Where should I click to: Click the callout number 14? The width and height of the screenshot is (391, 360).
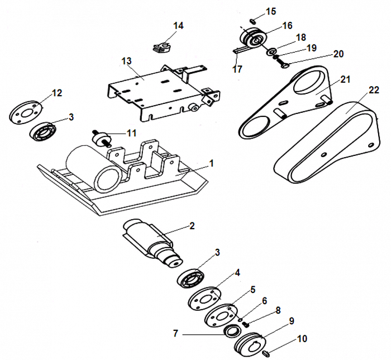pyautogui.click(x=178, y=26)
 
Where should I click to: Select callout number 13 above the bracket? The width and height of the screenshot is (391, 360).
pyautogui.click(x=126, y=60)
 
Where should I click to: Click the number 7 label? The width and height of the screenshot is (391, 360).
pyautogui.click(x=176, y=333)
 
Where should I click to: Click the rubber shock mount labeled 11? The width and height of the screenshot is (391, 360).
pyautogui.click(x=100, y=136)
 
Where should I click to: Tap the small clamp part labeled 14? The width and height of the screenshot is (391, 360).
pyautogui.click(x=162, y=45)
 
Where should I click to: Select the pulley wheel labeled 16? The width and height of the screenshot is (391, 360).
pyautogui.click(x=254, y=39)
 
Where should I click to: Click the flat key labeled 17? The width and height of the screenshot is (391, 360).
pyautogui.click(x=240, y=50)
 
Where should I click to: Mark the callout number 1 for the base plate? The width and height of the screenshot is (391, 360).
pyautogui.click(x=211, y=164)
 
